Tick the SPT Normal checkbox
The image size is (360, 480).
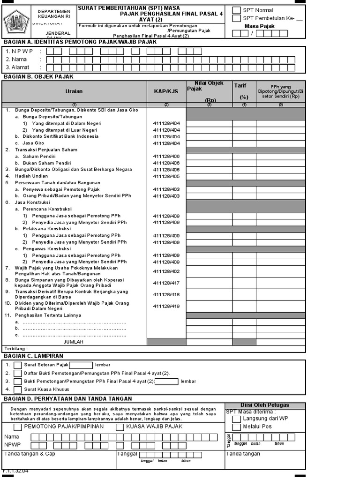point(237,10)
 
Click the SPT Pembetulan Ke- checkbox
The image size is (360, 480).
point(237,18)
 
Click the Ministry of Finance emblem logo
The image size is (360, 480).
point(16,22)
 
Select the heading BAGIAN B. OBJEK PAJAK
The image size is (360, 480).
point(38,76)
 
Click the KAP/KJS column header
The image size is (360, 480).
point(166,92)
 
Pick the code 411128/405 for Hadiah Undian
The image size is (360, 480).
point(166,176)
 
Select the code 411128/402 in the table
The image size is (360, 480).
point(166,271)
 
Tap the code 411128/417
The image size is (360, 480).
point(166,283)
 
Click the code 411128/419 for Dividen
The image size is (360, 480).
point(166,306)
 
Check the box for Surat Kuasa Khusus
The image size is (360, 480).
point(17,390)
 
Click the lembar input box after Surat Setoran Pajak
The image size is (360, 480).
point(81,365)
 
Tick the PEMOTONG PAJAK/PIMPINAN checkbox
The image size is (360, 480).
point(17,427)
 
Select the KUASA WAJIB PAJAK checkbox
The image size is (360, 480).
point(120,427)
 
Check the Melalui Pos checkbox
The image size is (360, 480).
point(237,427)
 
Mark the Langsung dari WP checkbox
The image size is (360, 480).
point(237,418)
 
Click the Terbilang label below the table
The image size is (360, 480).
point(16,349)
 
